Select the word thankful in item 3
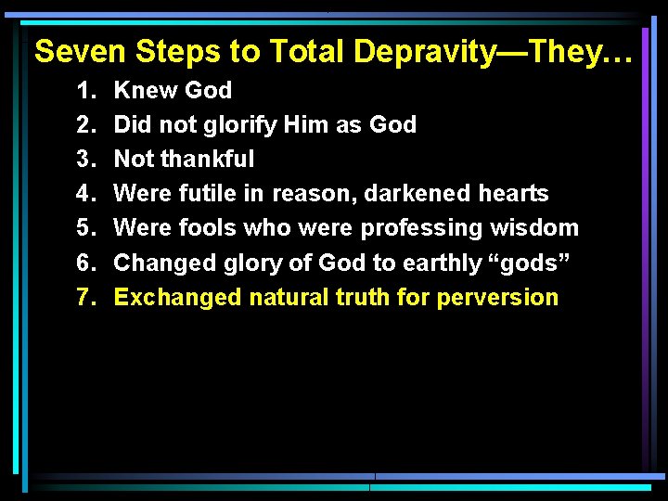207,160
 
